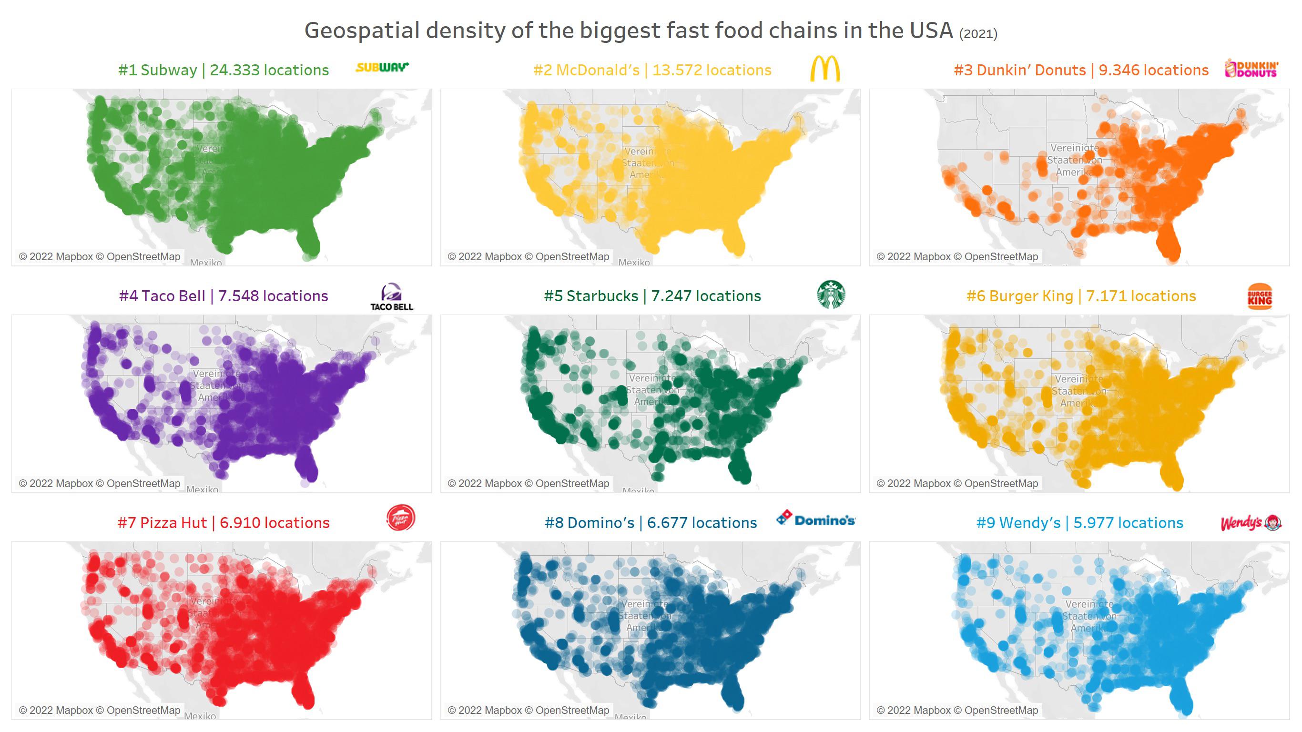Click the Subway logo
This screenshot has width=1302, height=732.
pos(382,67)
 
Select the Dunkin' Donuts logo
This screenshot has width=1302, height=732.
pos(1251,69)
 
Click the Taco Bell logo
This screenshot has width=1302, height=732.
pos(392,297)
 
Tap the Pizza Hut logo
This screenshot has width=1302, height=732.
pos(400,518)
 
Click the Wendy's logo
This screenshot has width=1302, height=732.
pos(1251,523)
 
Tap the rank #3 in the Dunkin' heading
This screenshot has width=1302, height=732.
pos(963,70)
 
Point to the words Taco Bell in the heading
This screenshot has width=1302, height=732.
pos(173,296)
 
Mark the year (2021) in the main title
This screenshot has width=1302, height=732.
pos(978,34)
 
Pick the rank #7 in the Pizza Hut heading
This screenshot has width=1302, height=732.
pos(126,523)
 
